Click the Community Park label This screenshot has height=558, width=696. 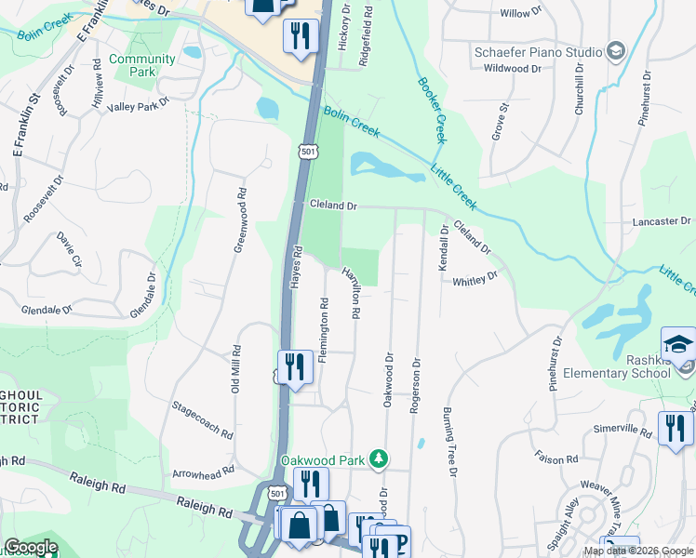(x=141, y=65)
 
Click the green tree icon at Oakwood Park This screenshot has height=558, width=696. (x=379, y=459)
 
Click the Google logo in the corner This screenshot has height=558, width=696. (x=31, y=547)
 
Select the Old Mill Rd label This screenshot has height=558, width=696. (x=236, y=369)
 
